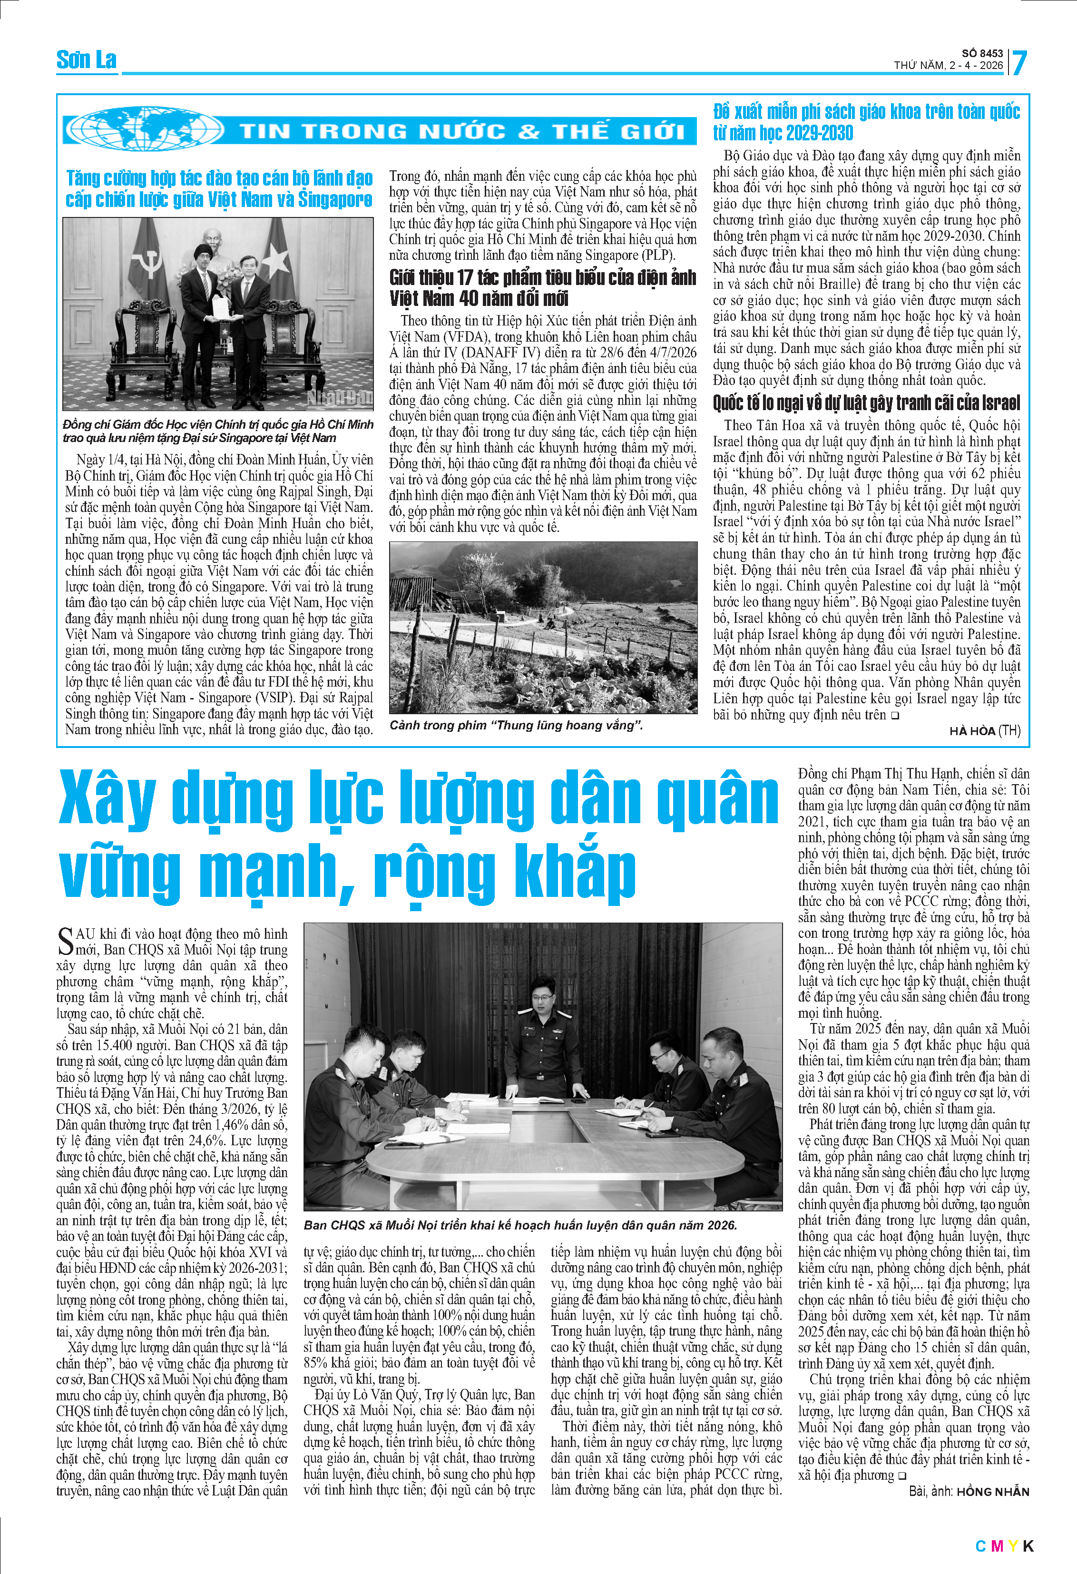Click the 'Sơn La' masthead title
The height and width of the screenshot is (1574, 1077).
(x=86, y=60)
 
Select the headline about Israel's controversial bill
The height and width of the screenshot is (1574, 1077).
(x=866, y=403)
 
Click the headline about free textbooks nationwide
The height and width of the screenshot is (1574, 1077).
(x=866, y=122)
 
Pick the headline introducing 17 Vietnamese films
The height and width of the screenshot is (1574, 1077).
(x=542, y=288)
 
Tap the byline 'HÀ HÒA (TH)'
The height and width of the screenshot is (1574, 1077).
(x=984, y=731)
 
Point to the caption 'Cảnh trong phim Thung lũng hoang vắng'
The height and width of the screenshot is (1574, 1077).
(x=516, y=725)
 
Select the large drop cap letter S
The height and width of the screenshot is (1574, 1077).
(x=65, y=942)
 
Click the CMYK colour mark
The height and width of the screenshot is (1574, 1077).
(x=1004, y=1546)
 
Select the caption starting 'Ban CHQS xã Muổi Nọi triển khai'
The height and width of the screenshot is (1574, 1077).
(x=520, y=1225)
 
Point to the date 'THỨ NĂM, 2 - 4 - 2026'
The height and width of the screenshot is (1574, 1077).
(x=948, y=66)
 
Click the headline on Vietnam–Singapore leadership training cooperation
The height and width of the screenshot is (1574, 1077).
(x=219, y=189)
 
